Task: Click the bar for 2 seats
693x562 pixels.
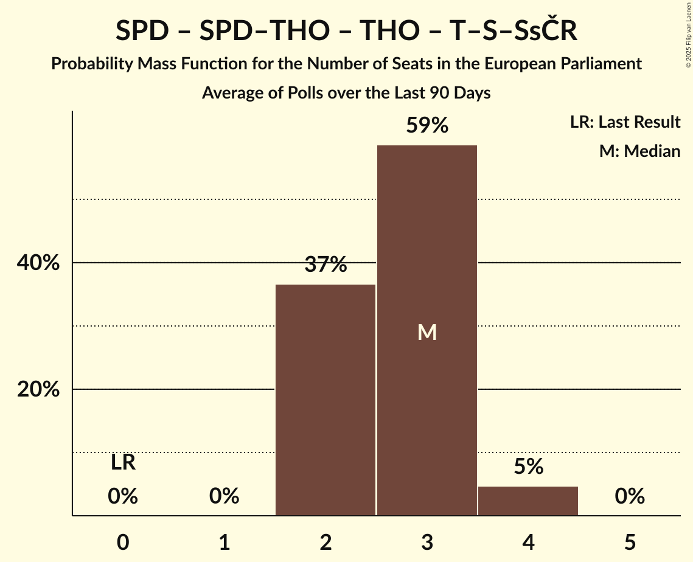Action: tap(326, 400)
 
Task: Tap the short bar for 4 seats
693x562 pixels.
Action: tap(528, 501)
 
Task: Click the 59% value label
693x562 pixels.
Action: tap(427, 126)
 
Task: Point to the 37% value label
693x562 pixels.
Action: tap(326, 265)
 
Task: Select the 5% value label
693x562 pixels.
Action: tap(528, 467)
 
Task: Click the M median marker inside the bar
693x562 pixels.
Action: tap(427, 332)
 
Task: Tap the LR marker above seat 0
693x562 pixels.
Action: tap(123, 463)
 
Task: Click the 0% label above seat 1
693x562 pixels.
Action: tap(224, 496)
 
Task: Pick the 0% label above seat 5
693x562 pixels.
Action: tap(630, 496)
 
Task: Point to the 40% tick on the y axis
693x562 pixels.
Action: tap(38, 263)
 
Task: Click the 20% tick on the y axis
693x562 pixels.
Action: tap(38, 390)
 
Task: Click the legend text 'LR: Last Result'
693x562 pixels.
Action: tap(625, 122)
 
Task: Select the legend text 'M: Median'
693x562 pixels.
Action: tap(639, 151)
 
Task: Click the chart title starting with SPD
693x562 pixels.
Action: tap(346, 31)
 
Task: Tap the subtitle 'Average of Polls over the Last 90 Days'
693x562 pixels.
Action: tap(346, 93)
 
